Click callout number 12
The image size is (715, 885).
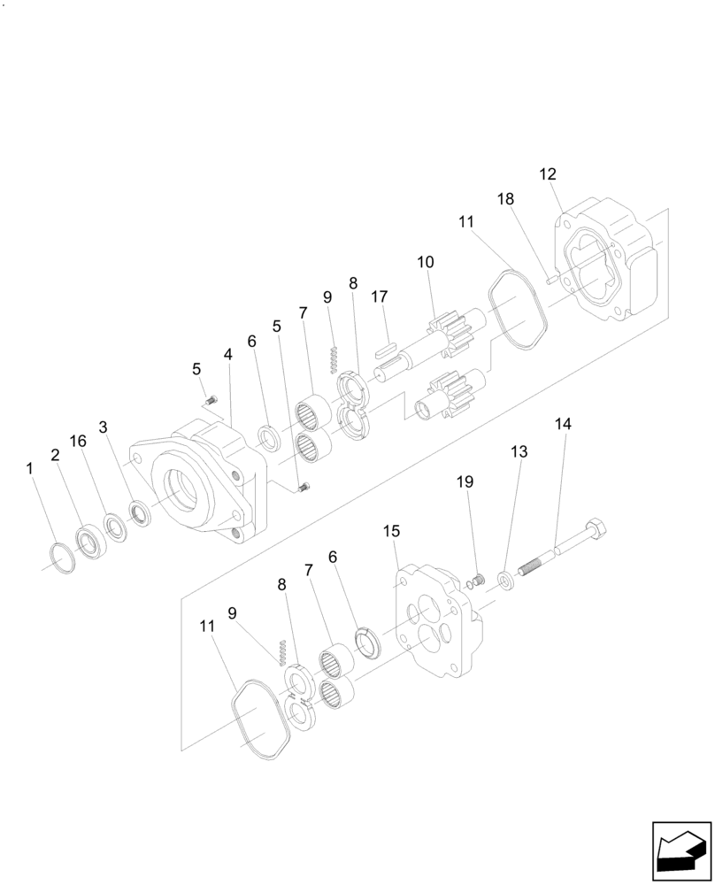pos(548,173)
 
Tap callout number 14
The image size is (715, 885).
pos(563,424)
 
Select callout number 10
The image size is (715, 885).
pos(426,262)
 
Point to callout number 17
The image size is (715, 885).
pos(380,297)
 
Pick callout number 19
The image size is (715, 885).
pos(465,481)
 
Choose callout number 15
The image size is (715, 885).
pos(391,531)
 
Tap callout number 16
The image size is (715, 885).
pos(79,442)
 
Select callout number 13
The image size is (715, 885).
pos(519,451)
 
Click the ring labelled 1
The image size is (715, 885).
pos(59,560)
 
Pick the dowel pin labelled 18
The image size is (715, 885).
pos(550,281)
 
